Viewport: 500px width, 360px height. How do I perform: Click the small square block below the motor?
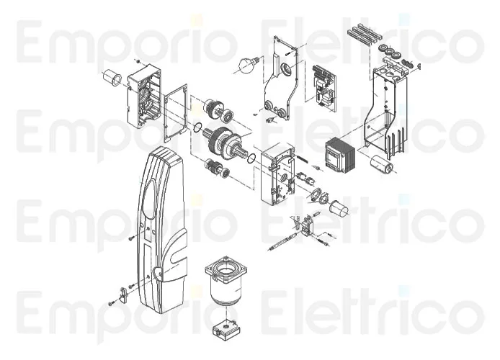226,328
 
